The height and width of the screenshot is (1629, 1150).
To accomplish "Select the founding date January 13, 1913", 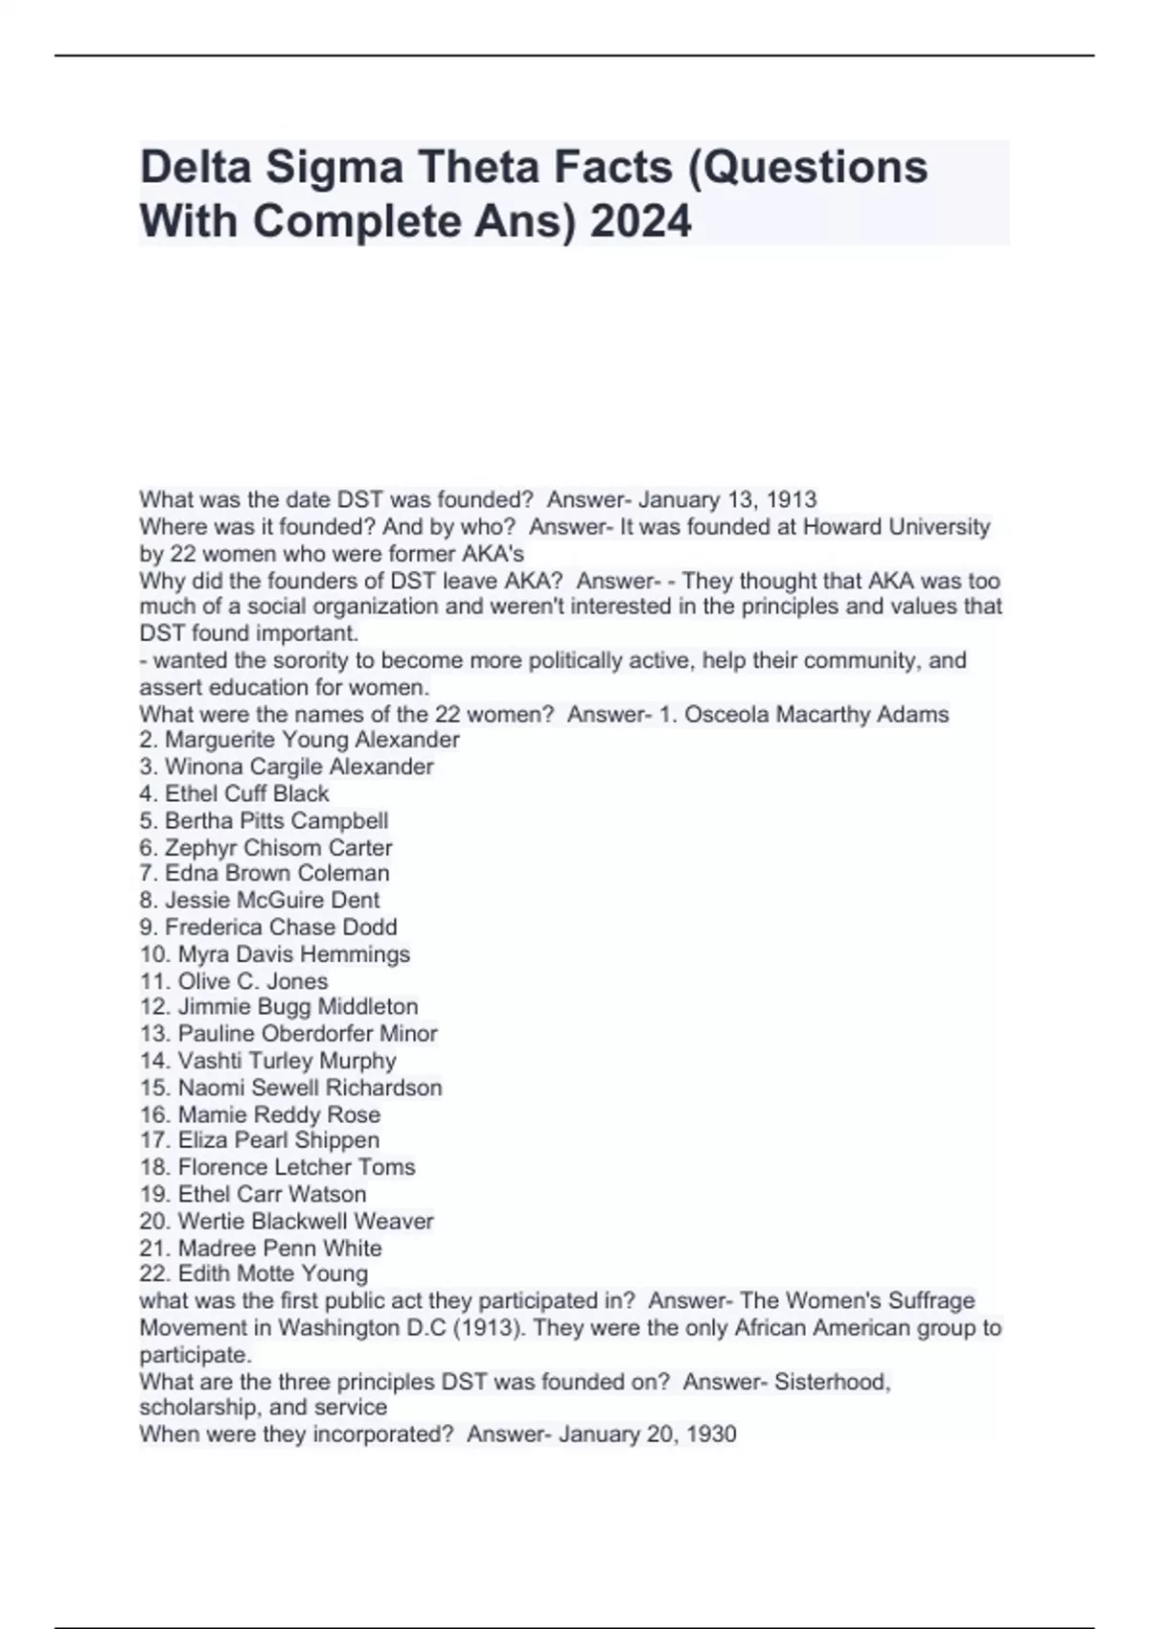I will click(727, 499).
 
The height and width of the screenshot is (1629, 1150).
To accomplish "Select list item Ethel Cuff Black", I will click(246, 793).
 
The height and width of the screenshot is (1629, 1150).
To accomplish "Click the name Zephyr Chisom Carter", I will click(278, 847).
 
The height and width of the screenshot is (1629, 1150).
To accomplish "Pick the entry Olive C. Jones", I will click(252, 980).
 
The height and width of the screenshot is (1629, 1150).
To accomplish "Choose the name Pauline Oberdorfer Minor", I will click(307, 1033).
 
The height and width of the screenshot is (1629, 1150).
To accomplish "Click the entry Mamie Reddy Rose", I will click(279, 1114).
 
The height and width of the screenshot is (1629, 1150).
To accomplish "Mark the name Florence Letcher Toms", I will click(296, 1166).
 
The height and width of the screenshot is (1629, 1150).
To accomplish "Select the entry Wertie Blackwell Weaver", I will click(305, 1221).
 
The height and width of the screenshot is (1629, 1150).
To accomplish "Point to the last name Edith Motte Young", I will click(272, 1273).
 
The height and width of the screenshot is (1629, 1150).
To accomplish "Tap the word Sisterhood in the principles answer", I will click(832, 1382).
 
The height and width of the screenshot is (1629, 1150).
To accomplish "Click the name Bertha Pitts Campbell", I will click(276, 820).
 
